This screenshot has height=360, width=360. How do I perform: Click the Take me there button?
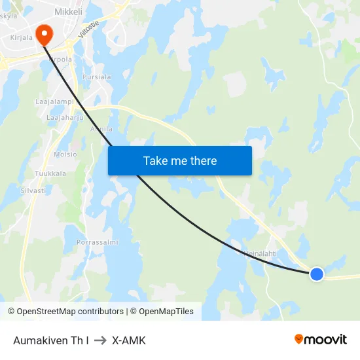point(179,160)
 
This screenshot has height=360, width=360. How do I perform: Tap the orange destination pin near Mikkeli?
point(44,35)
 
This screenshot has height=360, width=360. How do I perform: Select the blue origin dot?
point(317,274)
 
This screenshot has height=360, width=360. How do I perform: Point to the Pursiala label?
point(97,77)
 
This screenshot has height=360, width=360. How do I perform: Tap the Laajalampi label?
point(54,102)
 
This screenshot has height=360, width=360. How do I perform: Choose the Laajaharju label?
point(65,117)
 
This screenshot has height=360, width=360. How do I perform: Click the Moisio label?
point(65,154)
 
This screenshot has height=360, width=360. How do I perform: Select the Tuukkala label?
point(51,173)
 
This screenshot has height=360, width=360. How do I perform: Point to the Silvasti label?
point(33,190)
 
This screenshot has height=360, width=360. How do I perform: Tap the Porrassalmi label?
point(97,242)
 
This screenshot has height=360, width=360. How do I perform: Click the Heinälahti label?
point(260,253)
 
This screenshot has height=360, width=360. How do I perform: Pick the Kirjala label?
point(21,38)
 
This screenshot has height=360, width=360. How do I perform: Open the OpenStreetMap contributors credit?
point(65,312)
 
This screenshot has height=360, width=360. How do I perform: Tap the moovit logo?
point(320,339)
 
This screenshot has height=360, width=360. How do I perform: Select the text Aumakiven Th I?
point(51,340)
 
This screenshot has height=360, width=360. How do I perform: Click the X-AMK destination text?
point(129,340)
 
